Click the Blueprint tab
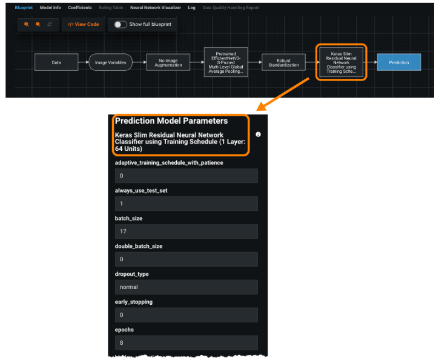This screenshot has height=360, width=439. [24, 8]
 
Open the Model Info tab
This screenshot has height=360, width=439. [50, 8]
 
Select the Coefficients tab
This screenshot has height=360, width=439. [80, 8]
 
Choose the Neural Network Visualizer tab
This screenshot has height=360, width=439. [156, 8]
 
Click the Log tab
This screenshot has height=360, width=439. [192, 8]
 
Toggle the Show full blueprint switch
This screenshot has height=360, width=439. [120, 24]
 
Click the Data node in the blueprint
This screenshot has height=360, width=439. [56, 62]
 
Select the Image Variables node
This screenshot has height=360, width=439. [110, 62]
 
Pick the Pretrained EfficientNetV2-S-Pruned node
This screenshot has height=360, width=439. [226, 62]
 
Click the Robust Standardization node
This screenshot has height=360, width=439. [284, 62]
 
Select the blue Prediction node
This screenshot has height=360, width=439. [398, 62]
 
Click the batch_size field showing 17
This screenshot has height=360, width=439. [186, 232]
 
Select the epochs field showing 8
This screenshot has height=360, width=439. [186, 343]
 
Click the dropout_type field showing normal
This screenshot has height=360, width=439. [186, 287]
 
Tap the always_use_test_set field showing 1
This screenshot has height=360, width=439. [186, 204]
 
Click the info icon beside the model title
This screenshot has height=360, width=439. [259, 135]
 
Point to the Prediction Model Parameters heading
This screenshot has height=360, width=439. [171, 121]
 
